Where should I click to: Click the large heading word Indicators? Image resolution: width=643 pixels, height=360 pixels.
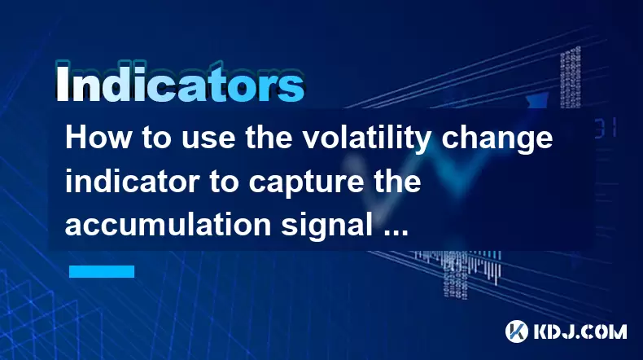tap(180, 83)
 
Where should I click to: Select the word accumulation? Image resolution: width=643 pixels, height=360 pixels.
tap(168, 225)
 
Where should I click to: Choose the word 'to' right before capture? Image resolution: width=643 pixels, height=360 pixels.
tap(225, 182)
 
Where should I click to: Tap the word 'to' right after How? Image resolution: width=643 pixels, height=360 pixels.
tap(156, 138)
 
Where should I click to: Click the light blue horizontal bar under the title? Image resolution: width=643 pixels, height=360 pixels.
tap(102, 271)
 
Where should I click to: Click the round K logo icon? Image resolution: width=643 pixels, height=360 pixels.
tap(517, 331)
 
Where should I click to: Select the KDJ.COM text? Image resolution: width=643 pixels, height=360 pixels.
tap(580, 331)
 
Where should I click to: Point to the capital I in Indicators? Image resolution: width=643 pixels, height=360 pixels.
tap(62, 83)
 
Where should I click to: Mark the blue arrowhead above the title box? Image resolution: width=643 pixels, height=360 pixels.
tap(537, 100)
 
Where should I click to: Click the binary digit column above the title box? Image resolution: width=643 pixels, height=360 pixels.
tap(571, 77)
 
